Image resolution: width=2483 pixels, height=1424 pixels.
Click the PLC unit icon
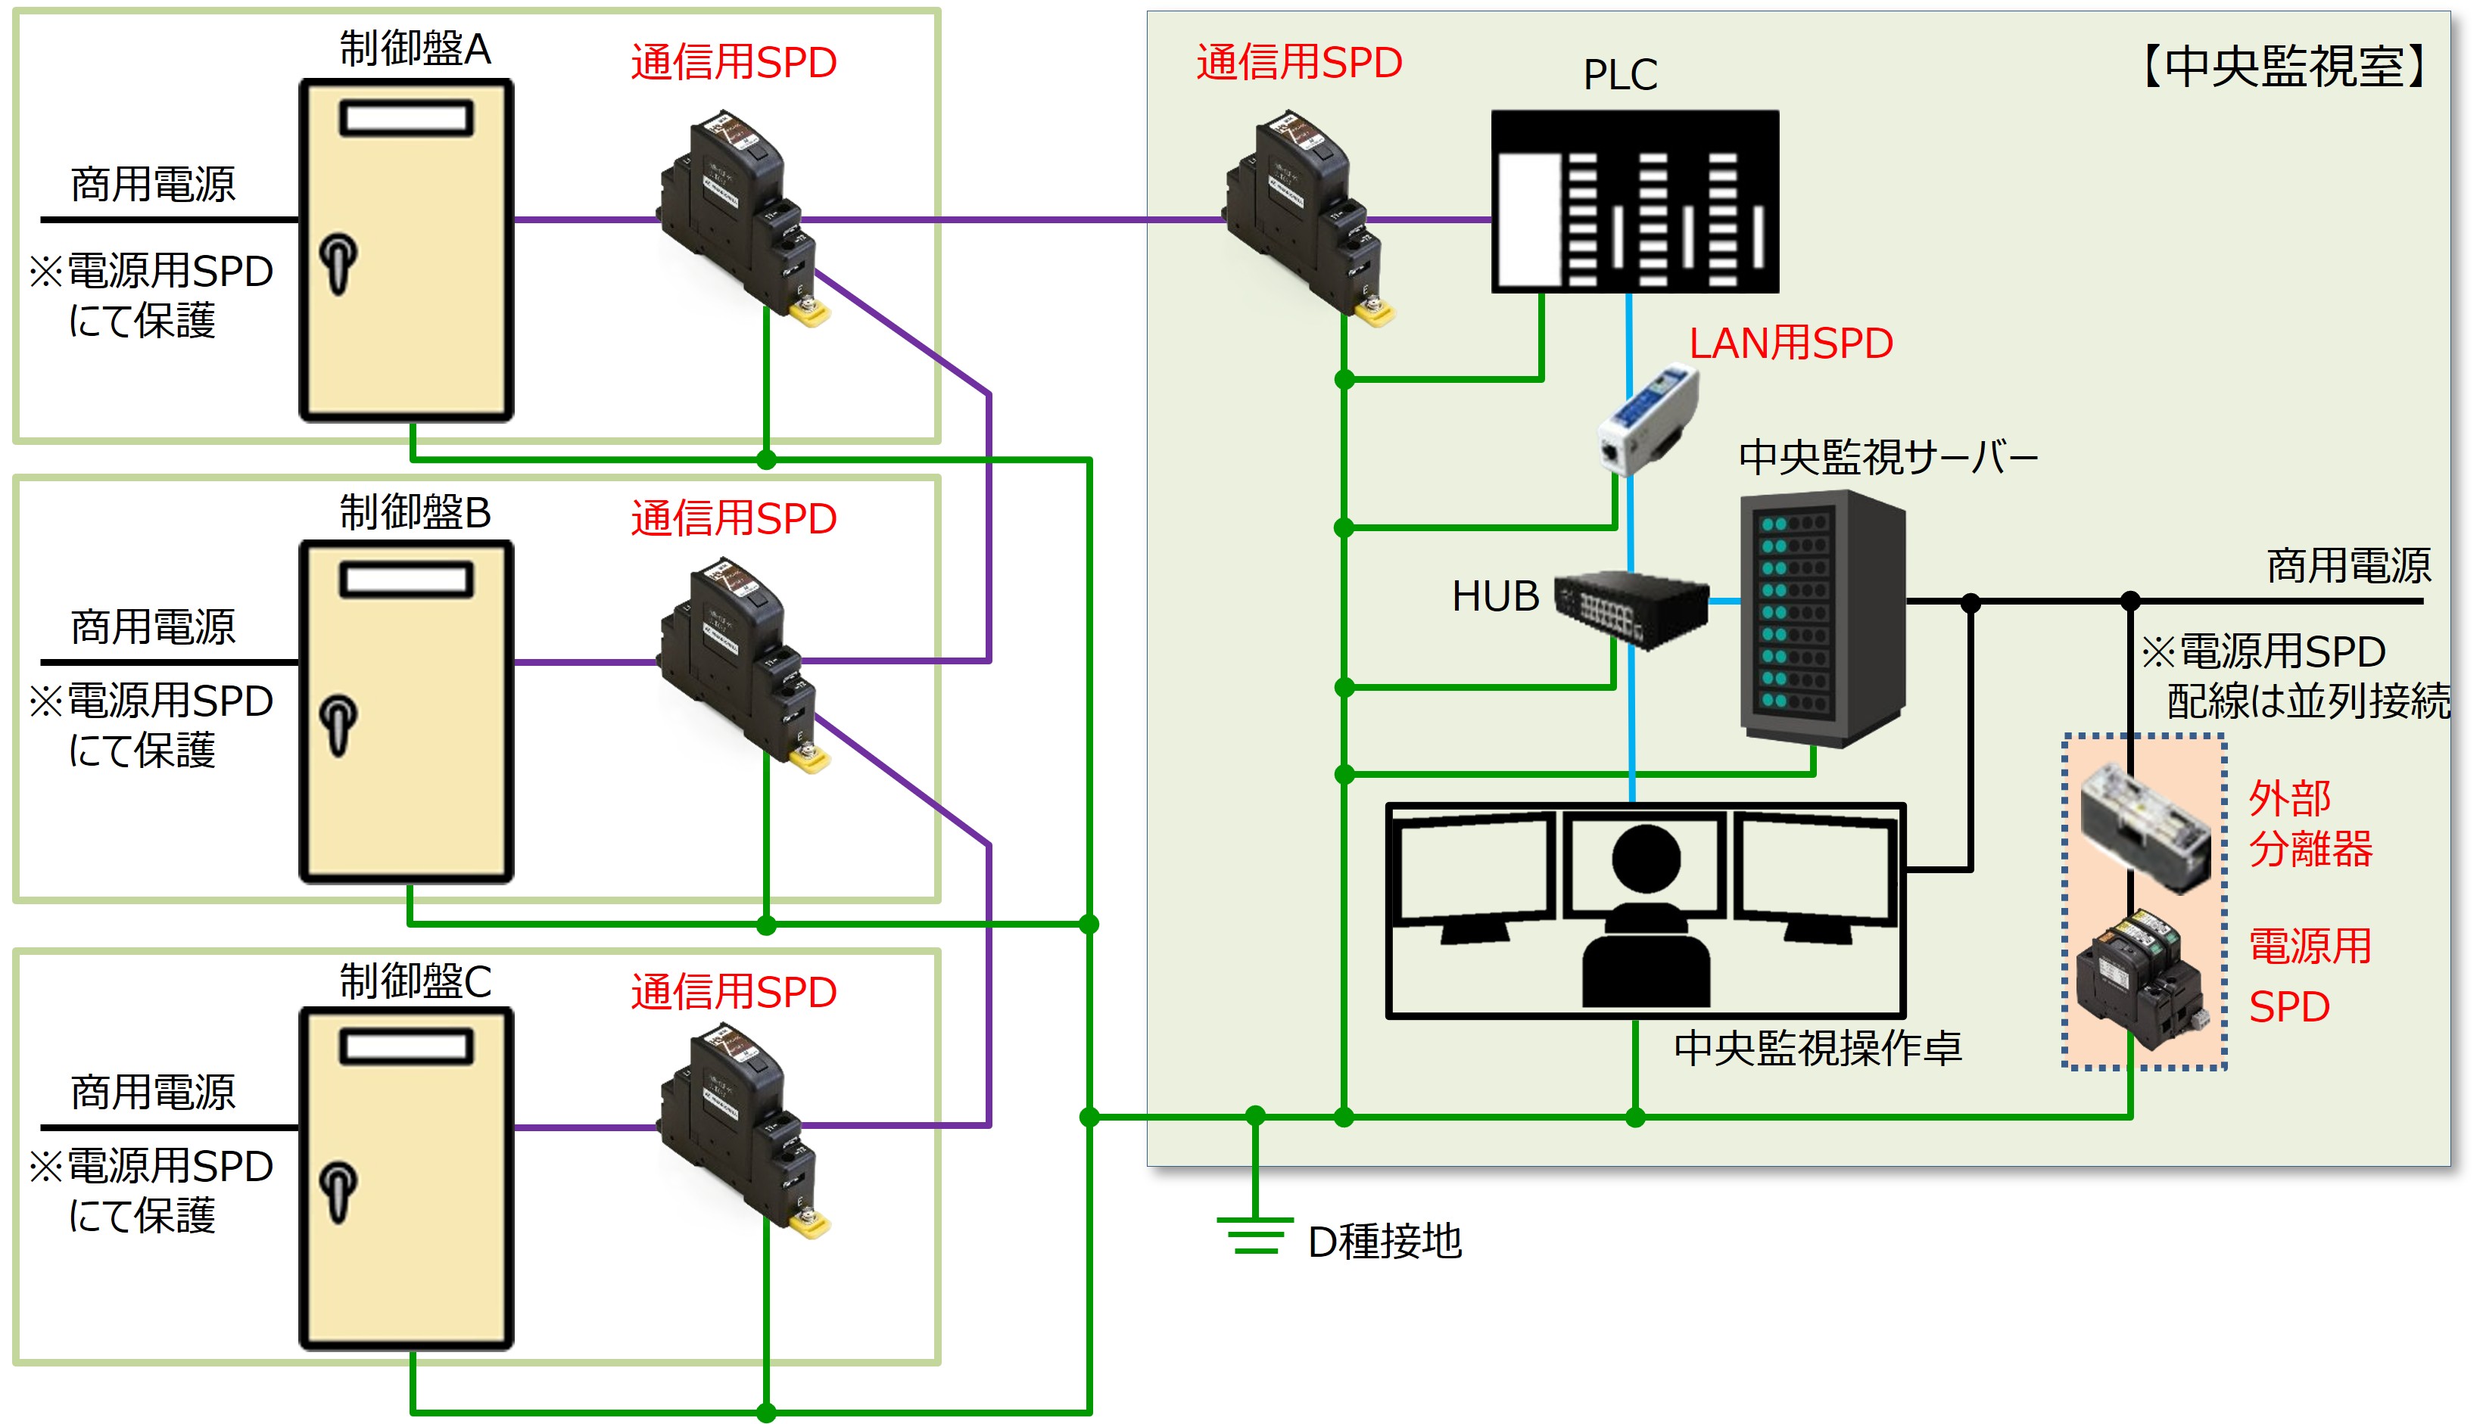click(x=1634, y=201)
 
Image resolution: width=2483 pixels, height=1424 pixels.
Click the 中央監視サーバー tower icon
click(x=1821, y=618)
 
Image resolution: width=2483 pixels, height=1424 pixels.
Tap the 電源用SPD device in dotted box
click(x=2141, y=978)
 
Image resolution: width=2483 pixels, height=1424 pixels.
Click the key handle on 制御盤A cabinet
click(x=338, y=262)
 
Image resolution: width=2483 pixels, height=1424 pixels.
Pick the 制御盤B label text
click(x=415, y=511)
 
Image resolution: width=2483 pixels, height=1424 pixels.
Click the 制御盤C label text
click(x=415, y=981)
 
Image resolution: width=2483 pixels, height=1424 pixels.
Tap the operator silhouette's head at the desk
click(x=1646, y=858)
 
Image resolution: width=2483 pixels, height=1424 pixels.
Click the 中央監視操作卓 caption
click(x=1817, y=1047)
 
